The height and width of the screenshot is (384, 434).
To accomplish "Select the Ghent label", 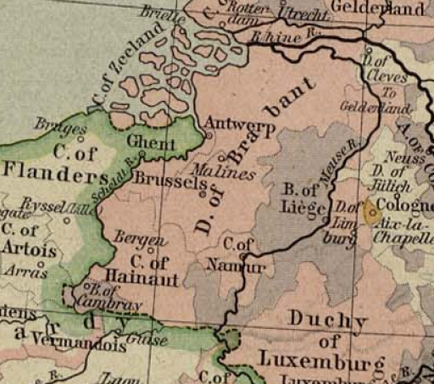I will [150, 142].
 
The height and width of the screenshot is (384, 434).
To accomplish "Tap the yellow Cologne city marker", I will [370, 212].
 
